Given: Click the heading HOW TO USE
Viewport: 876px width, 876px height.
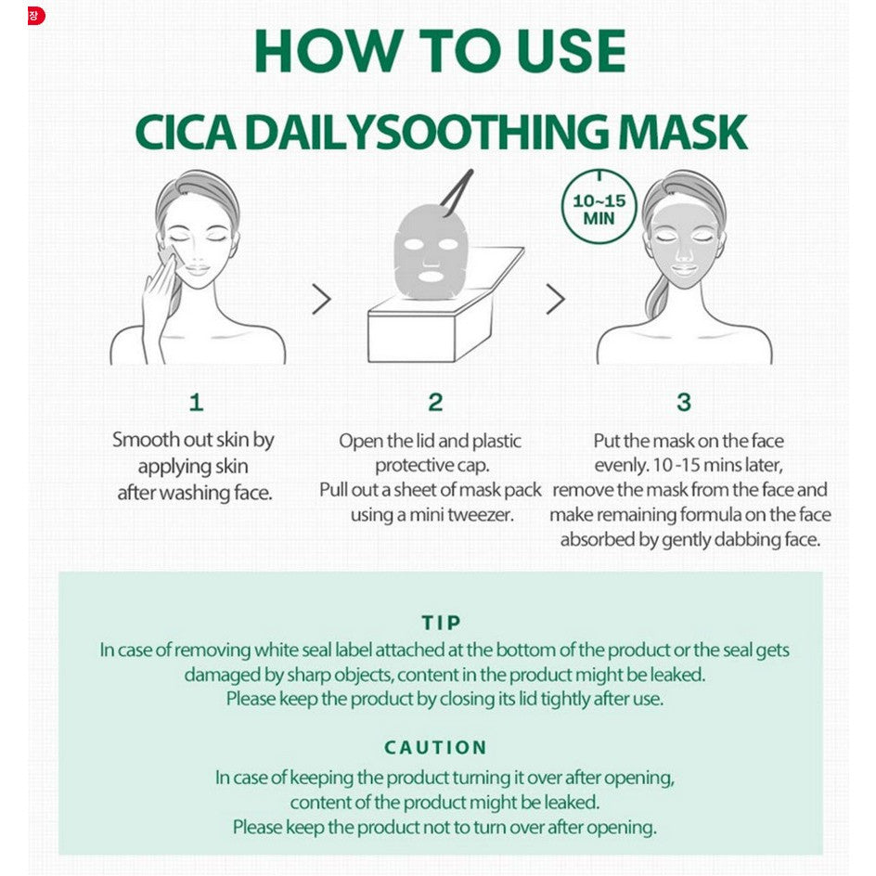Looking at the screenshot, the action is point(440,50).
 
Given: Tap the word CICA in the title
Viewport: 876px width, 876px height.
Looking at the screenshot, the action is point(185,133).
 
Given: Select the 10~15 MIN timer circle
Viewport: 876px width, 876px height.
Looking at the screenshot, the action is point(599,207).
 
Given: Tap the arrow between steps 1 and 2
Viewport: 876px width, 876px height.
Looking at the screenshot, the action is point(321,299).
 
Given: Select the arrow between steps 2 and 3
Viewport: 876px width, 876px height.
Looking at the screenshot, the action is point(555,299).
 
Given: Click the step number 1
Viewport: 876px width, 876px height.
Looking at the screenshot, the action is point(196,402).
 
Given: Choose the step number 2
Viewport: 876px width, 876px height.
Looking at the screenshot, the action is point(435,402).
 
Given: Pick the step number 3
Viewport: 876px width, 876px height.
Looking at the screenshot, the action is point(684,402).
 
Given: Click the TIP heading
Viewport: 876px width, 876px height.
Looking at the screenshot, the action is point(442,623).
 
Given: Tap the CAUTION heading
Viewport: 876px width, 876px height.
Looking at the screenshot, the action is point(436,748).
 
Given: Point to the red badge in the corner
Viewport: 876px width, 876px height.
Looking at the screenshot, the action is point(36,16).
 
